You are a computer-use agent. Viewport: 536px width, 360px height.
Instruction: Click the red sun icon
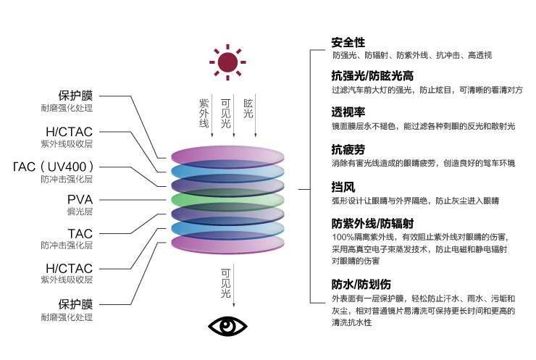click(x=227, y=62)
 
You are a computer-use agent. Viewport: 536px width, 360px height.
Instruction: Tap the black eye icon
click(x=227, y=326)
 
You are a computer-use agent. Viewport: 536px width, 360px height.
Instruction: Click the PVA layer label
click(x=80, y=199)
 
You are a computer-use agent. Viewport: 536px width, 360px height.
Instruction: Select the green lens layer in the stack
click(x=227, y=201)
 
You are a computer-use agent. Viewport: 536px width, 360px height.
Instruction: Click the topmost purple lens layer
click(x=227, y=156)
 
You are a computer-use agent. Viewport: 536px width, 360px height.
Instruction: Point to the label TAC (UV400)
click(x=54, y=167)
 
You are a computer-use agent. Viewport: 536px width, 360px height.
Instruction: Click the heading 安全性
click(x=348, y=43)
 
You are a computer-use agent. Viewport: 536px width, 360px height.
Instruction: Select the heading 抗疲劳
click(x=348, y=149)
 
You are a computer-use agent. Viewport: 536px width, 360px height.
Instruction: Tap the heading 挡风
click(x=343, y=187)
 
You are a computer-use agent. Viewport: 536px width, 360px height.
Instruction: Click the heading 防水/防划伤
click(x=361, y=284)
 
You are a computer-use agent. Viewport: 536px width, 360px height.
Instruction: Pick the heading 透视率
click(x=348, y=112)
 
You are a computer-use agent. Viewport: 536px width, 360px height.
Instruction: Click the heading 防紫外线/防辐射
click(x=372, y=224)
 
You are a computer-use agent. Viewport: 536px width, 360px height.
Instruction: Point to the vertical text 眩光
click(x=248, y=109)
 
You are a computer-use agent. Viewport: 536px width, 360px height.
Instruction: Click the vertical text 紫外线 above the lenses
click(x=204, y=113)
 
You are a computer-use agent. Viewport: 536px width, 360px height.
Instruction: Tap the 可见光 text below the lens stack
click(x=225, y=283)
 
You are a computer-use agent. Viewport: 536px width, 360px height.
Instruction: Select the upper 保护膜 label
click(x=75, y=96)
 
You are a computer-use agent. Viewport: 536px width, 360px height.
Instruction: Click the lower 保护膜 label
click(x=75, y=304)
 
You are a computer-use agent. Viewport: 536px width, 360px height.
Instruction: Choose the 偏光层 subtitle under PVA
click(x=80, y=212)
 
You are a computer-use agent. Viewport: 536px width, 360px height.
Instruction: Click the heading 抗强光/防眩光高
click(x=372, y=75)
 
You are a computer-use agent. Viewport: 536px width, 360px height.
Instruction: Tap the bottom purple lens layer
click(x=227, y=244)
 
